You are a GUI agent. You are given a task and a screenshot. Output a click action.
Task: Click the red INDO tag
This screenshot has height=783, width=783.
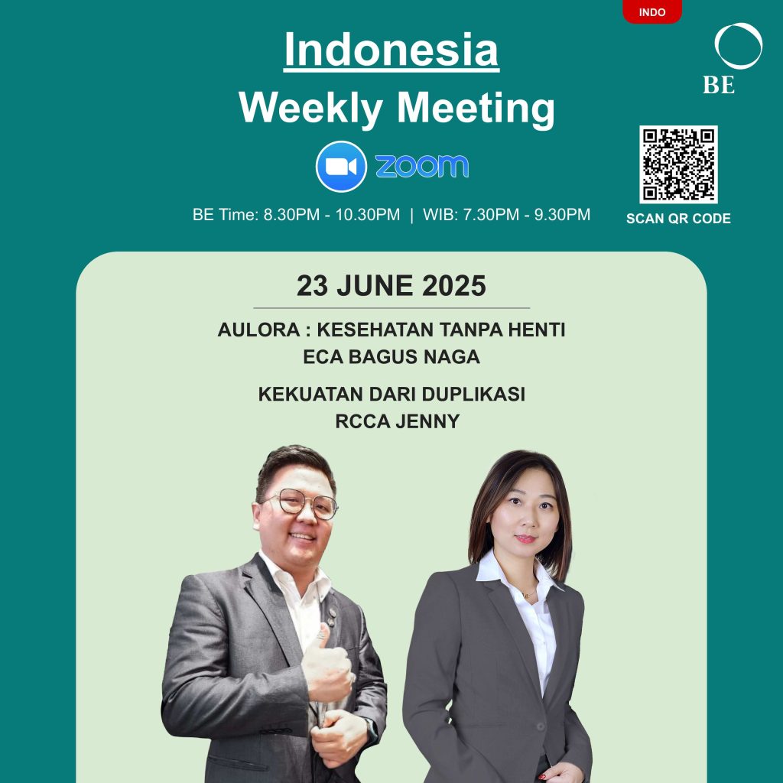[x=651, y=11]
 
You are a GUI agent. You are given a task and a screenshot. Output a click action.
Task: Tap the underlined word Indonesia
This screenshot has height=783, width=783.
[x=391, y=50]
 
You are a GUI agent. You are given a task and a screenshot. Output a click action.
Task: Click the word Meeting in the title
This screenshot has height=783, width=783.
[x=476, y=109]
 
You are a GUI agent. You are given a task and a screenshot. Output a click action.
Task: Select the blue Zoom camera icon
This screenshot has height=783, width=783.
[x=341, y=166]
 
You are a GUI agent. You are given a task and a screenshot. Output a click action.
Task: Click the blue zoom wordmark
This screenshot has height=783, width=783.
[x=422, y=166]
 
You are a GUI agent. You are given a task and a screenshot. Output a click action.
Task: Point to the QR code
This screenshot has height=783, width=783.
[x=678, y=164]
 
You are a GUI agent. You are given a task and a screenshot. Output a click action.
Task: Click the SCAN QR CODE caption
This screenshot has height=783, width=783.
[x=678, y=218]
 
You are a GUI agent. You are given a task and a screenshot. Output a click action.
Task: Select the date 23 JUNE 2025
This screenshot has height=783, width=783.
[x=391, y=286]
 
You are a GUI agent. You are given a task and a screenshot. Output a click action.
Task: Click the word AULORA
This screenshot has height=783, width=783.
[x=258, y=330]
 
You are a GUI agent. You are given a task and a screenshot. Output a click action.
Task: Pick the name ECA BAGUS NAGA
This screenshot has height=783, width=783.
[x=391, y=356]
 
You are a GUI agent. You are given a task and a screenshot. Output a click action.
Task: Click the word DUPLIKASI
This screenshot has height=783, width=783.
[x=473, y=394]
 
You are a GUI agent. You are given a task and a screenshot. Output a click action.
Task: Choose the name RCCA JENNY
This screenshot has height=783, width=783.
[x=398, y=421]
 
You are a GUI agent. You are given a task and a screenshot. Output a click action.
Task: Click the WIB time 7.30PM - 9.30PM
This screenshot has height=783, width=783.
[x=506, y=215]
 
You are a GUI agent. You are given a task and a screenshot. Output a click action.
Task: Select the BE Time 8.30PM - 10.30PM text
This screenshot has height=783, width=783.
[x=296, y=215]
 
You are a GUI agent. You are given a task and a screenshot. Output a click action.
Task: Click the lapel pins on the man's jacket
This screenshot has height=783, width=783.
[x=330, y=618]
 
